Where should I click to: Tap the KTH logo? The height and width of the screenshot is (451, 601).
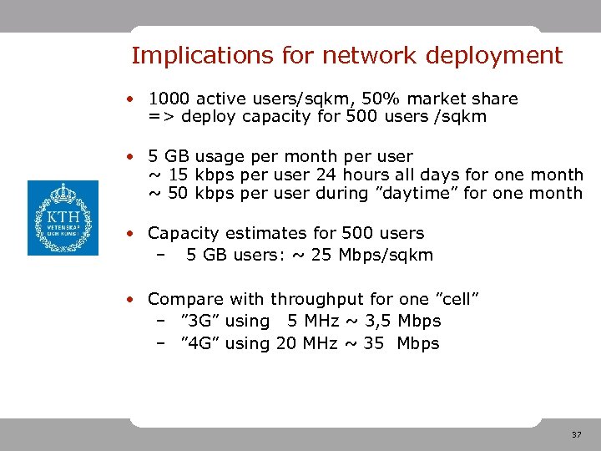point(63,218)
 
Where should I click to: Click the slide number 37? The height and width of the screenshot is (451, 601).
point(576,435)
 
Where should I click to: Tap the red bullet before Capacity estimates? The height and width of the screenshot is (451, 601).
point(133,233)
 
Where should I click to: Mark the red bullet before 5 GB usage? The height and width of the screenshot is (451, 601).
point(133,156)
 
